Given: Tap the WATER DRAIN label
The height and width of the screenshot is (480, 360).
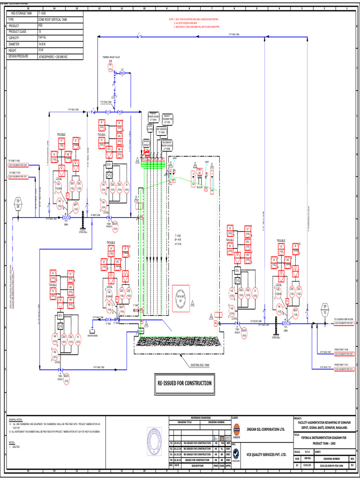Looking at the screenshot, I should coord(93,335).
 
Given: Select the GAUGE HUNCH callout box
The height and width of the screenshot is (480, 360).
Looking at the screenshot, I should coord(146,142).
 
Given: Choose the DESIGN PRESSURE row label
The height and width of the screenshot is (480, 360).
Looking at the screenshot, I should coord(21,56).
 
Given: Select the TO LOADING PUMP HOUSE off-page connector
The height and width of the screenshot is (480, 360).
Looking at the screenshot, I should coord(346,324).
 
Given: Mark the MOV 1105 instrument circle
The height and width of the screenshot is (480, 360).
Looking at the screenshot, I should coord(296,311).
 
